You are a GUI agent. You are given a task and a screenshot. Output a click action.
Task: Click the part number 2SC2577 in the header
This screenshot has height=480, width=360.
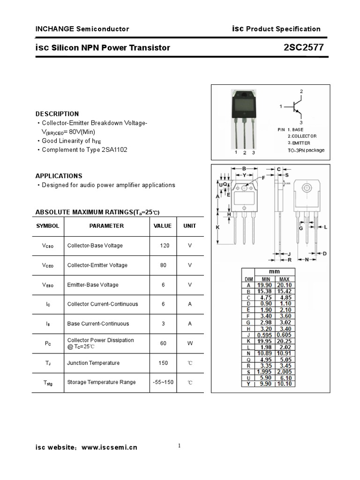click(303, 47)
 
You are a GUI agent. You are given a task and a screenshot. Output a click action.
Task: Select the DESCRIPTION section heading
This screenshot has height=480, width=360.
click(57, 114)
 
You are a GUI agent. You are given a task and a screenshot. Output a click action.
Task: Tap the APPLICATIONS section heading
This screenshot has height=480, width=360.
click(59, 176)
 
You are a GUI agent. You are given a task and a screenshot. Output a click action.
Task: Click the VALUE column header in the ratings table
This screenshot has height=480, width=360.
click(163, 226)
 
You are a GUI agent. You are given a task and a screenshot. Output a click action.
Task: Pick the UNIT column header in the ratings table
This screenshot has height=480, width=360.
click(190, 226)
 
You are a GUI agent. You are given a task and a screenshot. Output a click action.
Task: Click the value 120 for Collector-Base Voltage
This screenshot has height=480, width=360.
click(165, 246)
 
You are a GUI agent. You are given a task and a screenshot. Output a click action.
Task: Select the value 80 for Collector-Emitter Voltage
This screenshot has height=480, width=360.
click(163, 265)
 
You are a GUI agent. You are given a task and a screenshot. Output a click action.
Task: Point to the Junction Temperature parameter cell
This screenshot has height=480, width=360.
click(93, 363)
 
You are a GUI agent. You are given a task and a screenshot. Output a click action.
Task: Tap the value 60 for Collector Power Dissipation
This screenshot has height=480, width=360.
click(163, 343)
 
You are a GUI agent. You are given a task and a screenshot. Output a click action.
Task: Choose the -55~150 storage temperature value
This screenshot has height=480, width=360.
click(163, 382)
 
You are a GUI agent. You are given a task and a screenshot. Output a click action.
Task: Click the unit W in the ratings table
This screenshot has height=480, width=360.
click(190, 343)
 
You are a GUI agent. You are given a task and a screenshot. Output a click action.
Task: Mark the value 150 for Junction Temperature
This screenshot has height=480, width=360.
click(163, 363)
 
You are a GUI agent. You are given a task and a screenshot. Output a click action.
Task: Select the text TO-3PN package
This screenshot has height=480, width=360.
click(306, 150)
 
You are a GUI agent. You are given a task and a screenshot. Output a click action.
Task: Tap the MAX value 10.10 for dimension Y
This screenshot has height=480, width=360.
click(285, 384)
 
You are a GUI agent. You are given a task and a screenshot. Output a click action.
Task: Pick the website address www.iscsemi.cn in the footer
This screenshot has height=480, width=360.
click(109, 448)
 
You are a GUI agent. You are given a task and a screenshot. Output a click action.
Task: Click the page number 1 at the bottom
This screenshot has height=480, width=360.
click(180, 446)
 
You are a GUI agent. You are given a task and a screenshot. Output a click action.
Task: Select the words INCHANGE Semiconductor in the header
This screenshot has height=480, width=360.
click(82, 29)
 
